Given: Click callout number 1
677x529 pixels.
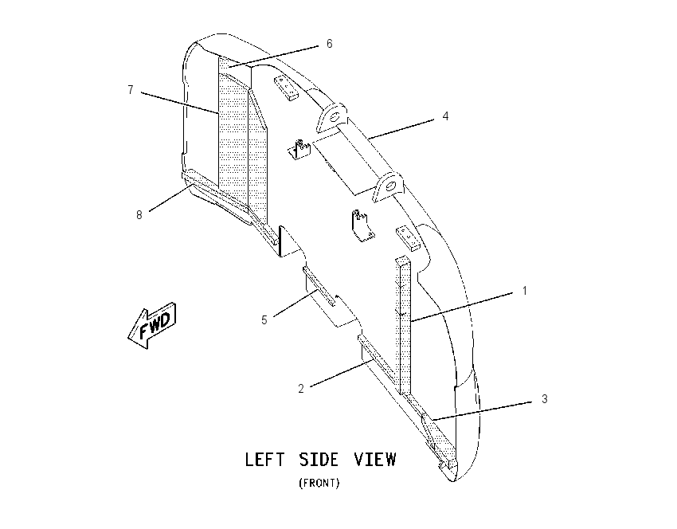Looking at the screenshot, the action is point(525,291).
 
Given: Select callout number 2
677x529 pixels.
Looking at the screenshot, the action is point(301,389).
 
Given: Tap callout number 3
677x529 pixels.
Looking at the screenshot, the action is point(545,399).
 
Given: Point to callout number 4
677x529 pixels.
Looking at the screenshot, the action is point(445,116).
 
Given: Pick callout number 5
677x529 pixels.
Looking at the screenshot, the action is point(264,320).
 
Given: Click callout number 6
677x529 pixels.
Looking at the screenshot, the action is point(330,44).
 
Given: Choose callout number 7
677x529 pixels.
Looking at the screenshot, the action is point(131,90).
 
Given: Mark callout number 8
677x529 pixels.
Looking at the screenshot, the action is point(139,214).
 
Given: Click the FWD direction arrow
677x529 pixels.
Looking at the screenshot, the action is point(152,325).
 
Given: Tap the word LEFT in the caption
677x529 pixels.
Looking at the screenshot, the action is point(264,460).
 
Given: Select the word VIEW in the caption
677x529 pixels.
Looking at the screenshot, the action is point(375,460).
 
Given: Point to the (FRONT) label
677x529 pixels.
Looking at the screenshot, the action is point(319,483).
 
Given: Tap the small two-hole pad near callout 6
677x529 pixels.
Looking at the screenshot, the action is point(285,88).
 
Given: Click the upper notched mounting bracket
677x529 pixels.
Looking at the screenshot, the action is point(299,150).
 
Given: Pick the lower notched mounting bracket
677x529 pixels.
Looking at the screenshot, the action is point(362,225).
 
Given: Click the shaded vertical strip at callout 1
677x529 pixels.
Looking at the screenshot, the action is point(404,326).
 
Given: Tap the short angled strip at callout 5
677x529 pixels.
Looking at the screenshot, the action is point(319,286).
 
